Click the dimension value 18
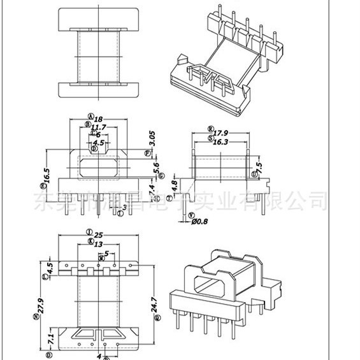(x=98, y=119)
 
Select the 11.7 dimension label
(x=98, y=127)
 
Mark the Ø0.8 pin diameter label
(x=201, y=221)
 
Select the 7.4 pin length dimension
(x=152, y=189)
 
